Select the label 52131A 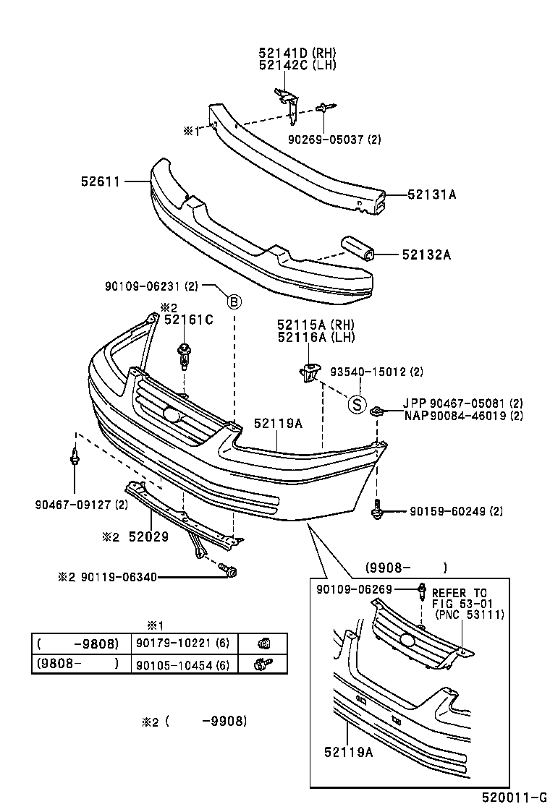pyautogui.click(x=431, y=194)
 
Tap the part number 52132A pyautogui.click(x=426, y=255)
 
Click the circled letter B pyautogui.click(x=234, y=302)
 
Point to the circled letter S pyautogui.click(x=356, y=404)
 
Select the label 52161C pyautogui.click(x=188, y=320)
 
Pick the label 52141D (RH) pyautogui.click(x=297, y=53)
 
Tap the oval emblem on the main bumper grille pyautogui.click(x=172, y=415)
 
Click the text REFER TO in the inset pyautogui.click(x=460, y=591)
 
